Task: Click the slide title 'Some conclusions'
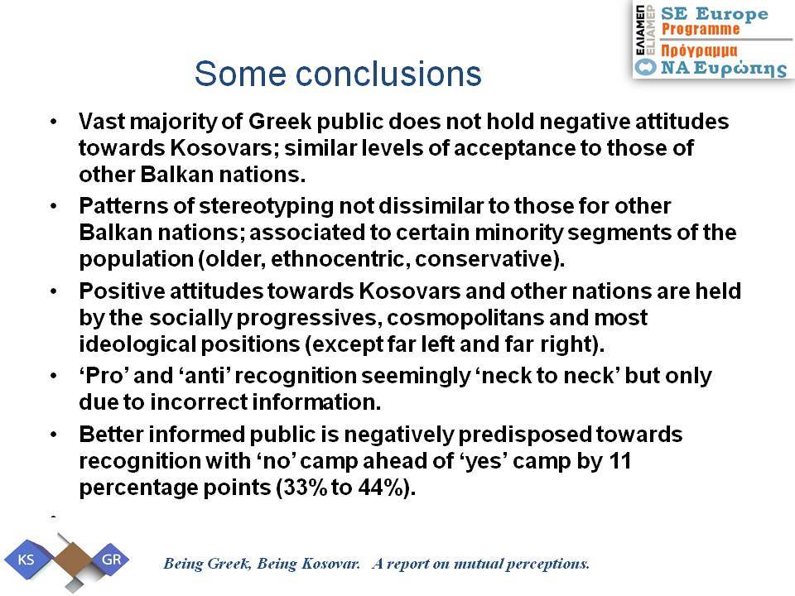click(338, 74)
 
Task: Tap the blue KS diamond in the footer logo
click(26, 560)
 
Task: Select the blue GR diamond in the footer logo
click(110, 560)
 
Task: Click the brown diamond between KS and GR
click(72, 560)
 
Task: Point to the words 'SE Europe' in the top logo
click(715, 14)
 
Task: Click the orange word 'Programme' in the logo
click(701, 30)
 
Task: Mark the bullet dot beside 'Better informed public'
click(54, 435)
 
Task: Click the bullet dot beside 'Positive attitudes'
click(54, 291)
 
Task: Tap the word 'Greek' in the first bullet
click(279, 122)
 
